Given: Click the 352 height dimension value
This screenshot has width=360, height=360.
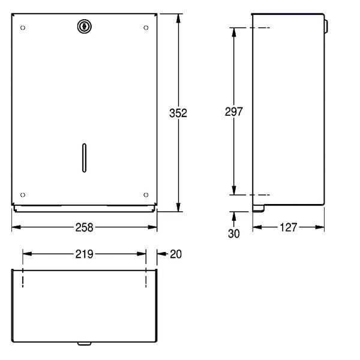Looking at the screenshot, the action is pos(178,113).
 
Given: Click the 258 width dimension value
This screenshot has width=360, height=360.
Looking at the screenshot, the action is pos(84,227).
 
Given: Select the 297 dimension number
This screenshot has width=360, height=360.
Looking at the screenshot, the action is pos(234,112).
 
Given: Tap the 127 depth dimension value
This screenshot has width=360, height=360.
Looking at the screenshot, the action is pos(289,227).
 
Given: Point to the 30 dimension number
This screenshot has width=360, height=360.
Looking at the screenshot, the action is pos(234,233).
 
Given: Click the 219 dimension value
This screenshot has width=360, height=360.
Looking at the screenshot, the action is pos(84,254).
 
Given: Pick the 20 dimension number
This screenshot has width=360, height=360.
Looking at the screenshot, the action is pos(176,254).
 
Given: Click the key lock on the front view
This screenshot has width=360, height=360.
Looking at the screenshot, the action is pos(84,26).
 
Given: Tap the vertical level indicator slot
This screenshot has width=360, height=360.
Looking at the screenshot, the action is pos(84,158).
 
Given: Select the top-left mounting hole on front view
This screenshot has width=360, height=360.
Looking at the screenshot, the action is pos(23,28).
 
